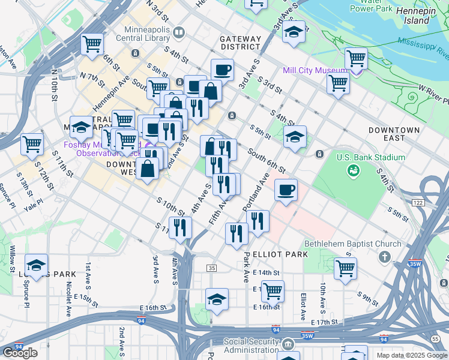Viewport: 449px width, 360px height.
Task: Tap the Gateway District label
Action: (240, 43)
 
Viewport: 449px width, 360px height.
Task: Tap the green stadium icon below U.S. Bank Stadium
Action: (353, 171)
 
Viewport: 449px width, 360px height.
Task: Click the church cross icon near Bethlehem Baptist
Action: (384, 257)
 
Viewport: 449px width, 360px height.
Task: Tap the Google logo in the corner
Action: (20, 353)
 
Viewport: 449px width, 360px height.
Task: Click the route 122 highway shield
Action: (418, 203)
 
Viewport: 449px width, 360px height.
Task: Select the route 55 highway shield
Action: (435, 339)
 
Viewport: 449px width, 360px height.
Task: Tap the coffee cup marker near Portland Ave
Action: (286, 190)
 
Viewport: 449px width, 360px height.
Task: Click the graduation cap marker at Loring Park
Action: (36, 265)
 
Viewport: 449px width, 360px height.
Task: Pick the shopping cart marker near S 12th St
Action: (32, 143)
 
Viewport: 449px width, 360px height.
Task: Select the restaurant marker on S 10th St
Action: (180, 227)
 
